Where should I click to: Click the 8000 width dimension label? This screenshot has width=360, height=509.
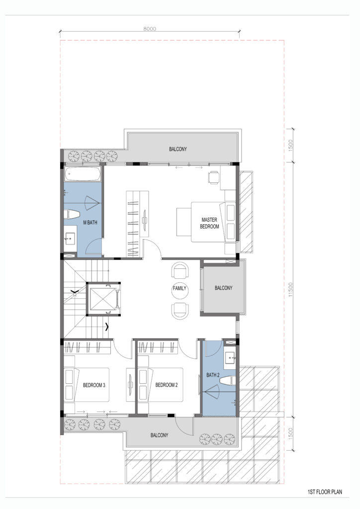click(x=150, y=28)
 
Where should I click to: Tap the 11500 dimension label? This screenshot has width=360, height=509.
click(x=290, y=290)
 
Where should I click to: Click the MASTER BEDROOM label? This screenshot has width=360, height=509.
click(x=209, y=223)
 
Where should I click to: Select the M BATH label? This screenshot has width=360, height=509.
click(x=90, y=222)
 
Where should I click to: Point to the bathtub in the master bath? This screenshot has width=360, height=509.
click(x=83, y=174)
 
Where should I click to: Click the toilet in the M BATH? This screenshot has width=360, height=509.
click(x=72, y=215)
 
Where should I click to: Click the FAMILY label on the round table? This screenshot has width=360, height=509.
click(x=180, y=288)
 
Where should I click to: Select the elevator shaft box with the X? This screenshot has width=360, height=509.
click(x=103, y=299)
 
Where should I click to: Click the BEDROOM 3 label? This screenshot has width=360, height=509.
click(x=94, y=385)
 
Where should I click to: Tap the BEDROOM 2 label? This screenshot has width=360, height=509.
click(x=167, y=385)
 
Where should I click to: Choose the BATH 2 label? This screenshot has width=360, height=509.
click(x=213, y=375)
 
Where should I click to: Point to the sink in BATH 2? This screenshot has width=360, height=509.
click(x=230, y=358)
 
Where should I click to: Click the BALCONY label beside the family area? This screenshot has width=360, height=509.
click(x=223, y=288)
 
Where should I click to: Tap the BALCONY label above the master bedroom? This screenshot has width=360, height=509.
click(x=178, y=149)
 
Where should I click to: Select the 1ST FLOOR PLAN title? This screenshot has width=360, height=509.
click(x=325, y=492)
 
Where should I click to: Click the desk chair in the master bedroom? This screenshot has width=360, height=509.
click(x=213, y=177)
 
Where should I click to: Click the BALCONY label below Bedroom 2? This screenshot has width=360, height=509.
click(x=159, y=435)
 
